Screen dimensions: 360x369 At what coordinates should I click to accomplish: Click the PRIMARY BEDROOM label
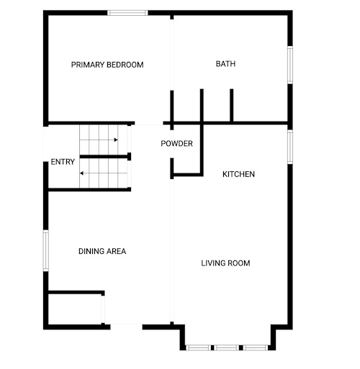[107, 65]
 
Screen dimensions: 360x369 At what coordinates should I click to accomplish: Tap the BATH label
[225, 64]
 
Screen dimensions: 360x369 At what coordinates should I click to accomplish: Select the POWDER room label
[176, 144]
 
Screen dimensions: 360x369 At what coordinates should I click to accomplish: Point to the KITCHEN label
[238, 174]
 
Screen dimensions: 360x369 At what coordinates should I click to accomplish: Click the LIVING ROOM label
[225, 263]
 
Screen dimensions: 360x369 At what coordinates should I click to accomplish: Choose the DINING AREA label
[102, 251]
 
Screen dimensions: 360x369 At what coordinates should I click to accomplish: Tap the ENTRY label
[63, 162]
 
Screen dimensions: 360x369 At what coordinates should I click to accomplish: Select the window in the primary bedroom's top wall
[127, 13]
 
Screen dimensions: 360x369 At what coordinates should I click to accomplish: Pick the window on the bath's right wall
[290, 65]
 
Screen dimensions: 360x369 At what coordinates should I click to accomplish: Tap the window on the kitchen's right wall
[290, 147]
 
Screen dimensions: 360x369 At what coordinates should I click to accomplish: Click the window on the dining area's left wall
[45, 250]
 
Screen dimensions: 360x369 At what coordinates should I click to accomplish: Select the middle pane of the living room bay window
[227, 347]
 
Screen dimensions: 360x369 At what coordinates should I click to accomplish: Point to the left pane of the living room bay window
[198, 347]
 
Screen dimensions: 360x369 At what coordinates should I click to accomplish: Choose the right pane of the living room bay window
[256, 347]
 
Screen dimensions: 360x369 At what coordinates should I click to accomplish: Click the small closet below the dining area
[75, 309]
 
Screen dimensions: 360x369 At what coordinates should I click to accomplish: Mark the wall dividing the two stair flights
[105, 157]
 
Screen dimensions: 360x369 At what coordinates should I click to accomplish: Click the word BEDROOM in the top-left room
[125, 65]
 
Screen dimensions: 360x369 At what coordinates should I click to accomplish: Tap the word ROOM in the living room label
[239, 263]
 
